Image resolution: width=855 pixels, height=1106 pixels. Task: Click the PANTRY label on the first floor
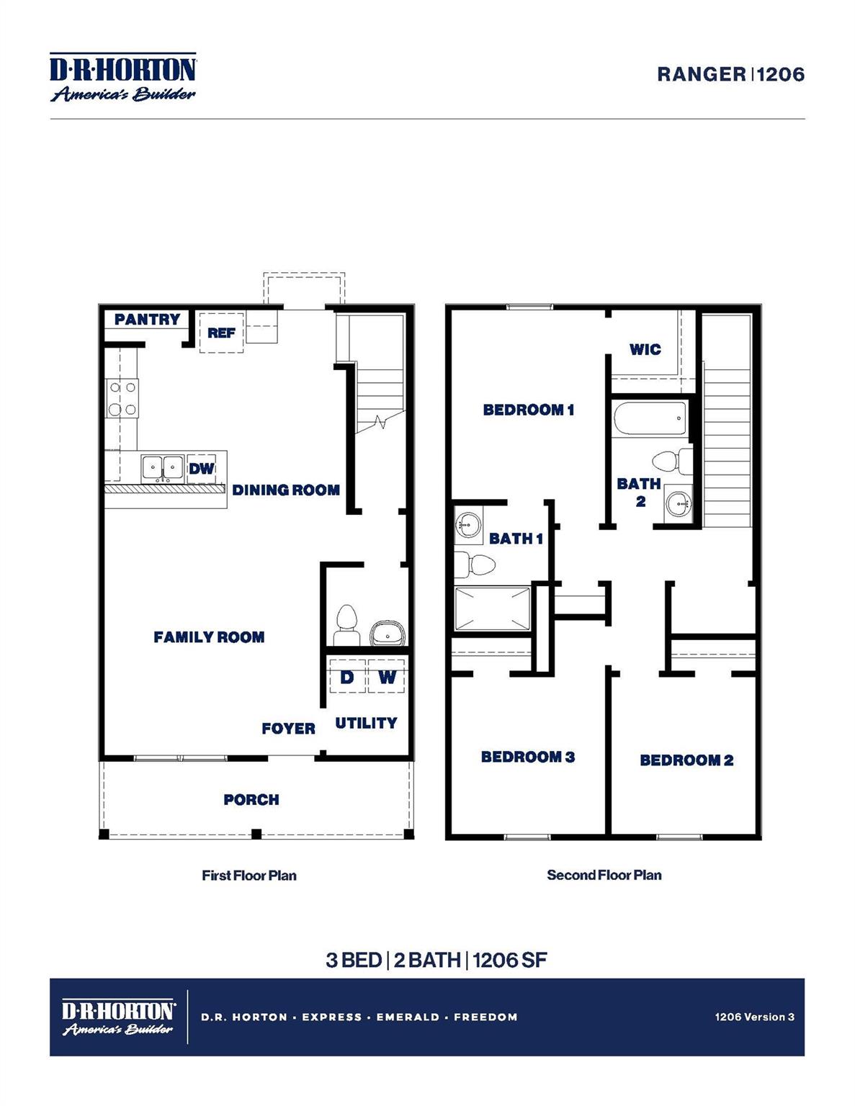(147, 319)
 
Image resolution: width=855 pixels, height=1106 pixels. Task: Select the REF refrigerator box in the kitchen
(221, 333)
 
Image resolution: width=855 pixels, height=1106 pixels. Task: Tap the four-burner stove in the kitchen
(122, 399)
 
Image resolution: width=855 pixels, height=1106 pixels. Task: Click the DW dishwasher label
(202, 469)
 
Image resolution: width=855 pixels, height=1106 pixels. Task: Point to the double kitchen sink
(162, 468)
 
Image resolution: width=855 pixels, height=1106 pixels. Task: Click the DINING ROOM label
(286, 490)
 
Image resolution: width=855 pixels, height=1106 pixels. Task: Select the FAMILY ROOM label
(209, 637)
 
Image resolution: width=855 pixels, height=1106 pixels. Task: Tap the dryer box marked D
(347, 678)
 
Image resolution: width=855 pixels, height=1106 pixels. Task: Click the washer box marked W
(387, 678)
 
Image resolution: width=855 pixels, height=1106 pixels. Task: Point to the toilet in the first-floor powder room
(347, 624)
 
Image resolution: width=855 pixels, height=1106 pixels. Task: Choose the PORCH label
(251, 800)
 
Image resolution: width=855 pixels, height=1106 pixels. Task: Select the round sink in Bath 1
(468, 522)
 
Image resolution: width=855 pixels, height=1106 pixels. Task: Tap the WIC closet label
(645, 350)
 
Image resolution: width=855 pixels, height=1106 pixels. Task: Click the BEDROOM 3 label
(528, 757)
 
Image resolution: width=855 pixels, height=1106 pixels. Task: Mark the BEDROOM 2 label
(686, 760)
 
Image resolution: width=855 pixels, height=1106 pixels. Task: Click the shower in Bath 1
(493, 609)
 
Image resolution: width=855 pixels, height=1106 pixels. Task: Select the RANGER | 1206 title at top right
(730, 74)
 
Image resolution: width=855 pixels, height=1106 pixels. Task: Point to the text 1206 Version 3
(754, 1017)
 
